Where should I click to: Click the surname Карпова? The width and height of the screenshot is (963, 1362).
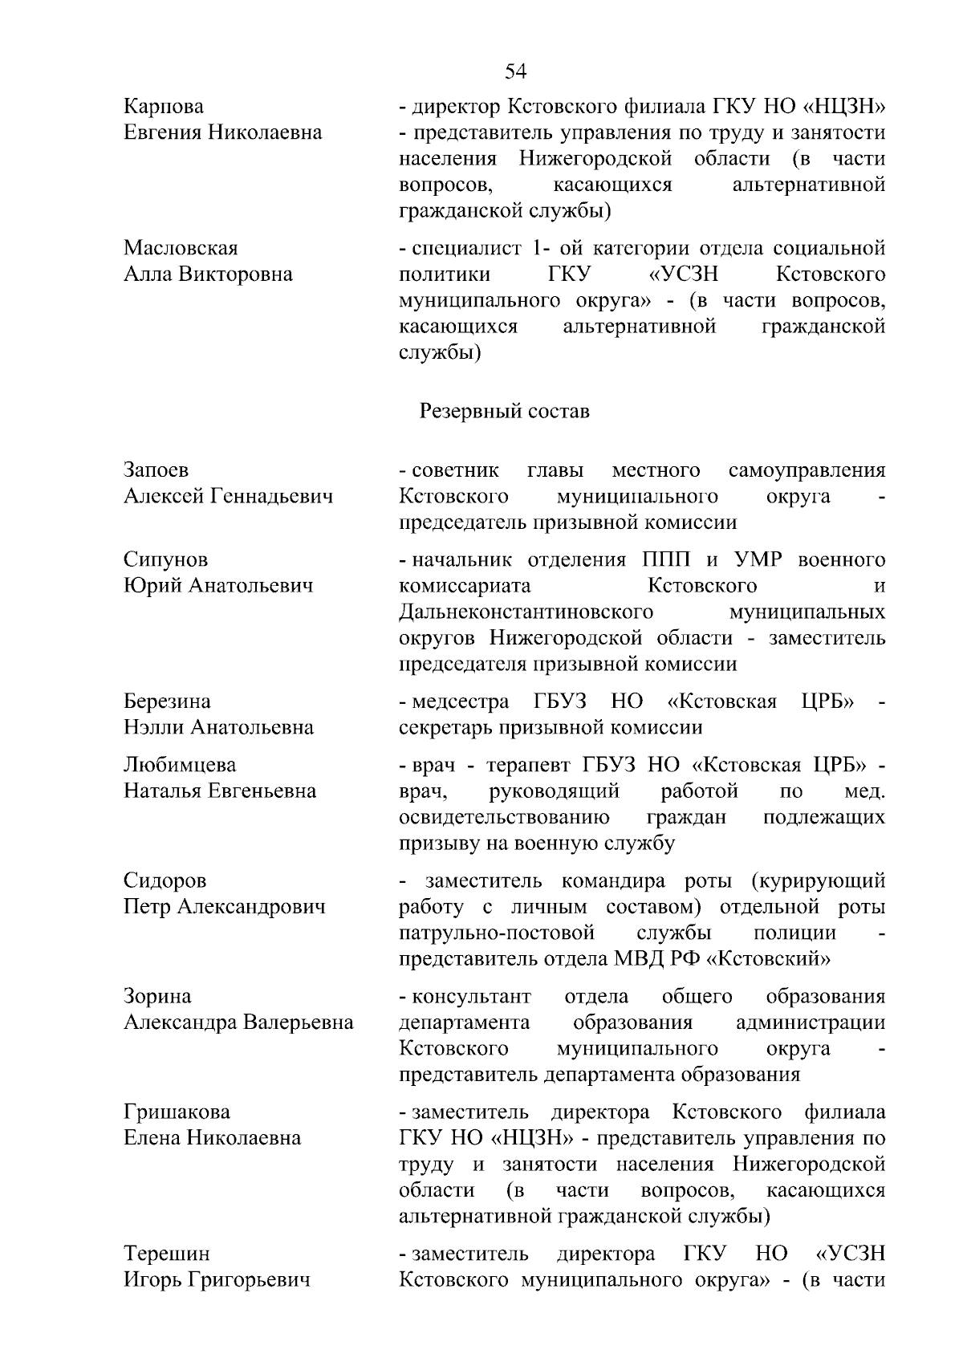click(x=164, y=106)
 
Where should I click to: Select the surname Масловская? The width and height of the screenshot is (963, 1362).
click(x=181, y=248)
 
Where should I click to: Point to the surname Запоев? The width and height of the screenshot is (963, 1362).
click(x=156, y=470)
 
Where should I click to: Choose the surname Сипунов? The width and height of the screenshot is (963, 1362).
click(x=165, y=559)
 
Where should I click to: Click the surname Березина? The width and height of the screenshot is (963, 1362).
click(x=167, y=701)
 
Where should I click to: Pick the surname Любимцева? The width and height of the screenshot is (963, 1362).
click(x=180, y=765)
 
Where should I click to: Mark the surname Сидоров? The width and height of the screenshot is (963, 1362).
click(x=165, y=881)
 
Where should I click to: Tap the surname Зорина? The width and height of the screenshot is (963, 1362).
click(x=157, y=997)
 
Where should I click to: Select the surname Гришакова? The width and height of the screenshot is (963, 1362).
click(x=177, y=1112)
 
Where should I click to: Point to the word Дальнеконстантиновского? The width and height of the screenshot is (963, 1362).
click(x=526, y=612)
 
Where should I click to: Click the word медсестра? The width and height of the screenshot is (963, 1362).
click(x=460, y=701)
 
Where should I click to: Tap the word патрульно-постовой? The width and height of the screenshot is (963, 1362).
click(x=497, y=933)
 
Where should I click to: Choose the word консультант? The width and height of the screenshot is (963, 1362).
click(x=471, y=997)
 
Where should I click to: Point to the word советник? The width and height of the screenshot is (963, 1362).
click(x=455, y=470)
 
